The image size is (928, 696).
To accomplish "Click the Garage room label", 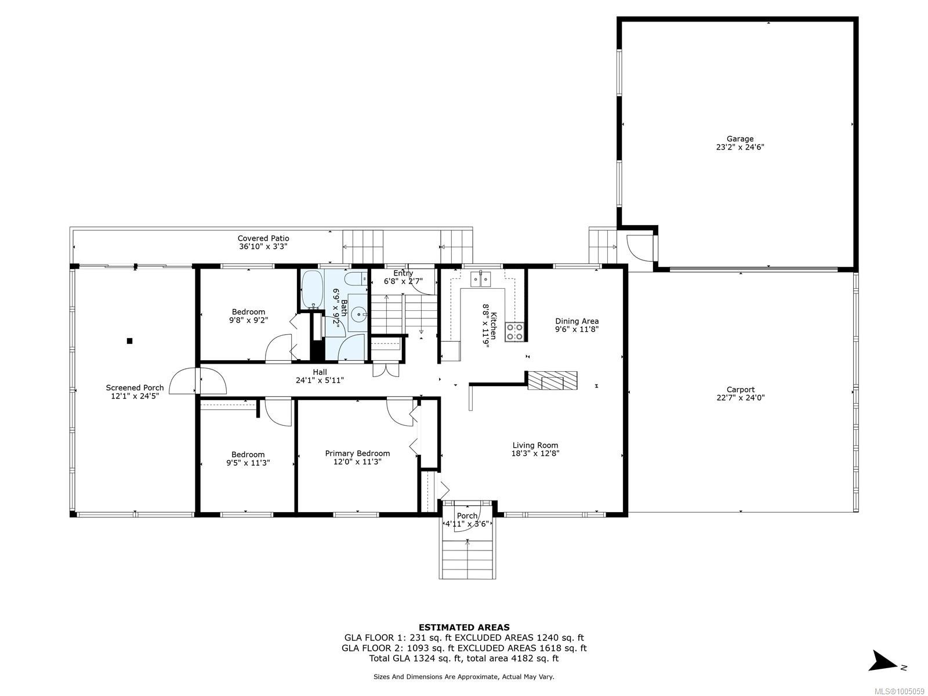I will [x=740, y=139].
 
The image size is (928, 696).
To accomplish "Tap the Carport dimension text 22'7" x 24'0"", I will [x=740, y=398].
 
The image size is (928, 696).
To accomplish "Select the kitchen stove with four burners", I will [x=514, y=332].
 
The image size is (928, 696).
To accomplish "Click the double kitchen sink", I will [x=481, y=279].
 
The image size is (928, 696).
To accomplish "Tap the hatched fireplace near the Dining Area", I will [x=552, y=380].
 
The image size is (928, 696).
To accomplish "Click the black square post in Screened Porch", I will [x=130, y=341].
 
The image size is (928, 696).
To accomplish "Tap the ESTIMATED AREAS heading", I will [x=464, y=627].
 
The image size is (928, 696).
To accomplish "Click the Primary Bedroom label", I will [x=357, y=454].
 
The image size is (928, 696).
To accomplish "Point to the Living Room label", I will [x=535, y=445].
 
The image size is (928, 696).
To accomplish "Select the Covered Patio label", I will [x=263, y=238].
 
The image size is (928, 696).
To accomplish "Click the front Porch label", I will [x=467, y=516].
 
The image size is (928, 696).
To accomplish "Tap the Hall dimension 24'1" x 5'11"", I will [x=320, y=380].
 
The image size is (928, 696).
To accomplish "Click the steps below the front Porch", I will [x=467, y=557].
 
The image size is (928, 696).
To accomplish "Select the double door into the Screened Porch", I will [x=197, y=381].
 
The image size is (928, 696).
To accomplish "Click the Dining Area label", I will [x=577, y=321].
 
